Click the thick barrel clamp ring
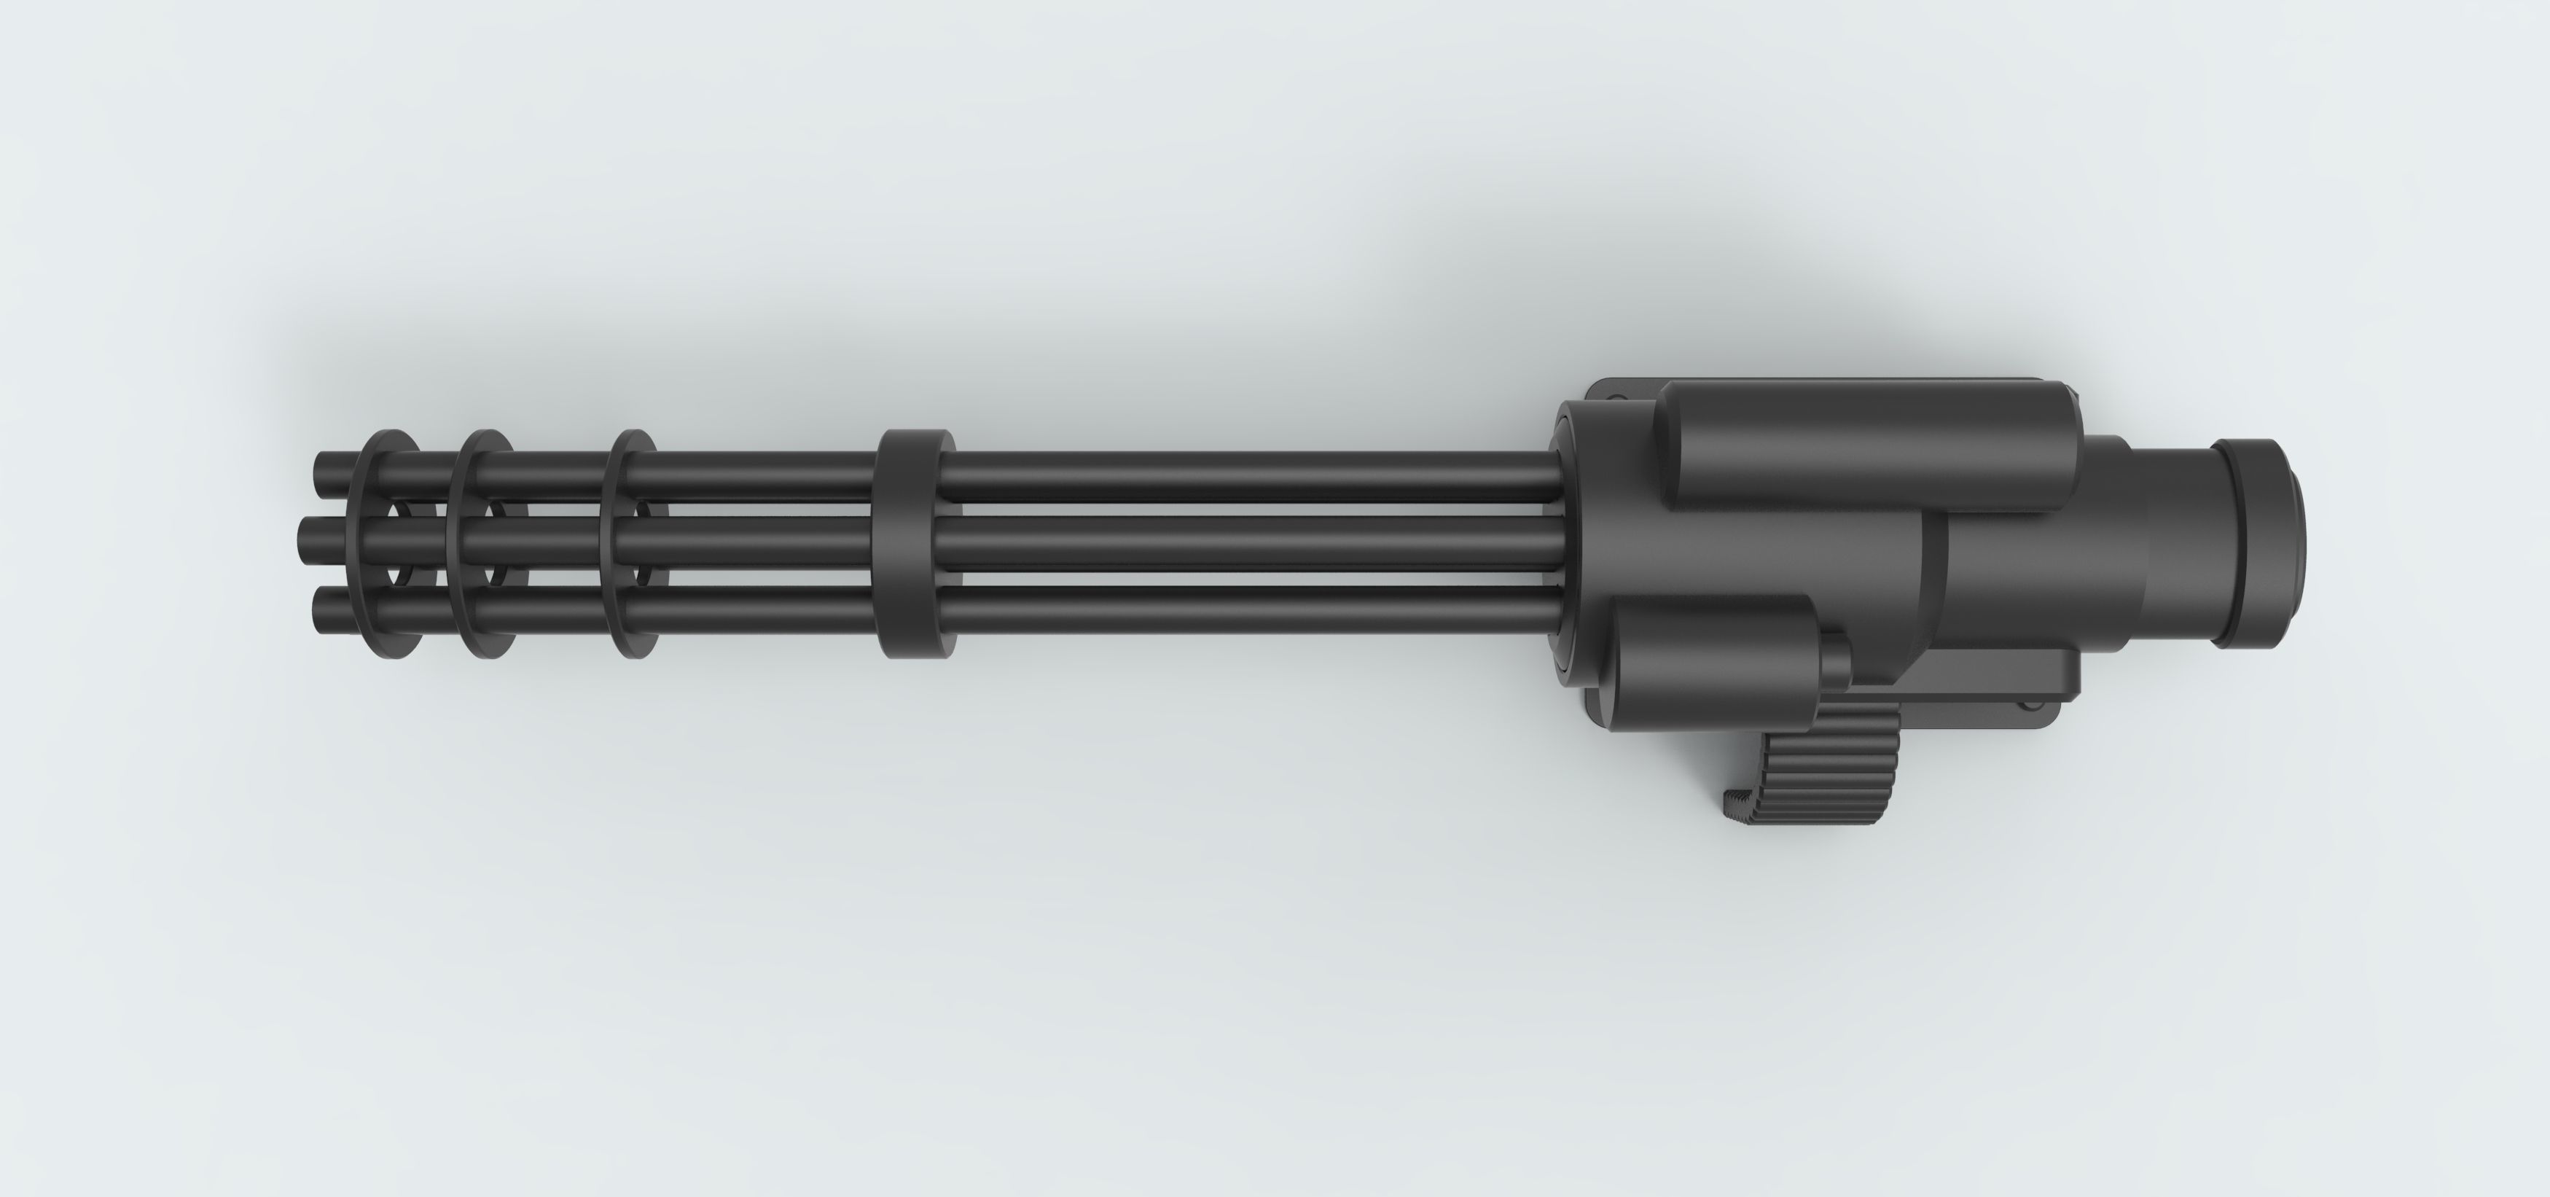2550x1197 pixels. (x=915, y=544)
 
